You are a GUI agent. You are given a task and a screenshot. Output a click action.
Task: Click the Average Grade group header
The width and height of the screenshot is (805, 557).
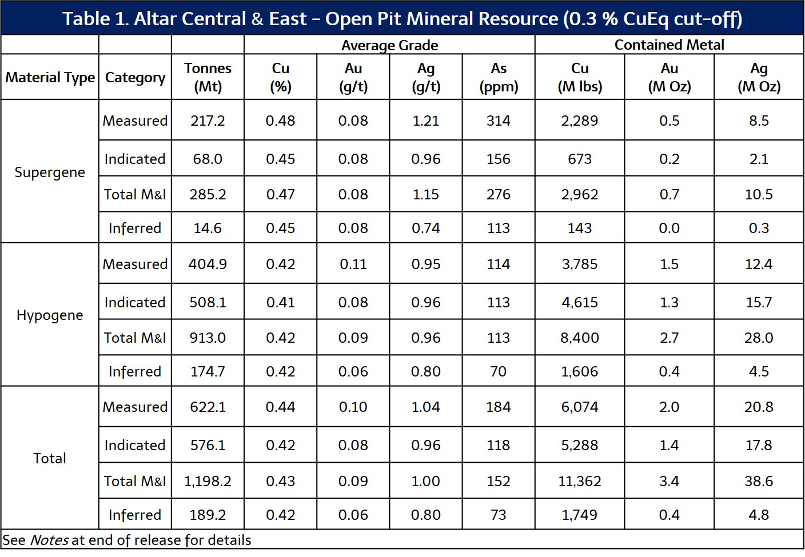pos(389,45)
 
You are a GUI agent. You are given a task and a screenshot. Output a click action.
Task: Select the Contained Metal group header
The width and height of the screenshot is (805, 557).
pos(669,45)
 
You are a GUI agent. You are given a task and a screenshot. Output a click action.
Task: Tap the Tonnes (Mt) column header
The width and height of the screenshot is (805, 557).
pos(208,77)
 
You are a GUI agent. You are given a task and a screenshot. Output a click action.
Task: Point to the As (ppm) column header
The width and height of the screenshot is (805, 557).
pos(499,77)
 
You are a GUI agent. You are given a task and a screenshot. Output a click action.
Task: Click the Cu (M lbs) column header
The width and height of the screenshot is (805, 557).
pos(580,77)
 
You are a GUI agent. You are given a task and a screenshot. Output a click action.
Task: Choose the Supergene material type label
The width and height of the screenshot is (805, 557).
pos(50,172)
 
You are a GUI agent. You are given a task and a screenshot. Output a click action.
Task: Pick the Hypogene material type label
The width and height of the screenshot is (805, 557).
pos(50,315)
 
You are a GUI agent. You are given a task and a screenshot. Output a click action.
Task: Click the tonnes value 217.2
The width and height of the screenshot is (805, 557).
pos(208,121)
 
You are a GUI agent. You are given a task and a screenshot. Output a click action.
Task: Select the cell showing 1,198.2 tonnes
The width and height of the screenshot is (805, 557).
pos(208,481)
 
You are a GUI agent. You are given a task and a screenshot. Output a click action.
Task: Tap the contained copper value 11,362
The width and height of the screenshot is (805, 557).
pos(580,481)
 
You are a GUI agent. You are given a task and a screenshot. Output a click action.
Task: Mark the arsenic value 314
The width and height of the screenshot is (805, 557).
pos(499,121)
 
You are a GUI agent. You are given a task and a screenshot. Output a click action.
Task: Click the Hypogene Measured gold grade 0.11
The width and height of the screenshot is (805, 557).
pos(353,264)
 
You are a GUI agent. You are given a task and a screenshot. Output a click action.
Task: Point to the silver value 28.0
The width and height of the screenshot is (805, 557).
pos(759,338)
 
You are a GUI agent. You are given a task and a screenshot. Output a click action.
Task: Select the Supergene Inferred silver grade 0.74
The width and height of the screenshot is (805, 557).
pos(426,228)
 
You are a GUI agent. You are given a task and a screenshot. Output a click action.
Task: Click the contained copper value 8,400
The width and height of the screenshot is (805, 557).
pos(580,338)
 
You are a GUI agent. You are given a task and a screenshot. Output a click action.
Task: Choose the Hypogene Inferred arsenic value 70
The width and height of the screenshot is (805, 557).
pos(499,371)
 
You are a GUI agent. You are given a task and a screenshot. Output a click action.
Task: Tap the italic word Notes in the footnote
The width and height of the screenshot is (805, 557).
pos(49,540)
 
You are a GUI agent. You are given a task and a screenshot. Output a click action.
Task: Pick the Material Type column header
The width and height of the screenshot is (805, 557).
pos(50,77)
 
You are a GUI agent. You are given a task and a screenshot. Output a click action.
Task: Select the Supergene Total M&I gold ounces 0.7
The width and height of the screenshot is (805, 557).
pos(669,194)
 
